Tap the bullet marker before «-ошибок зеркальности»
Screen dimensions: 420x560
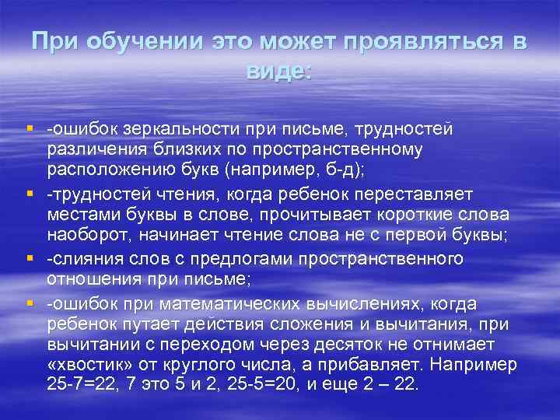(x=29, y=128)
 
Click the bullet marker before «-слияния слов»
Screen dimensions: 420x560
(x=29, y=258)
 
